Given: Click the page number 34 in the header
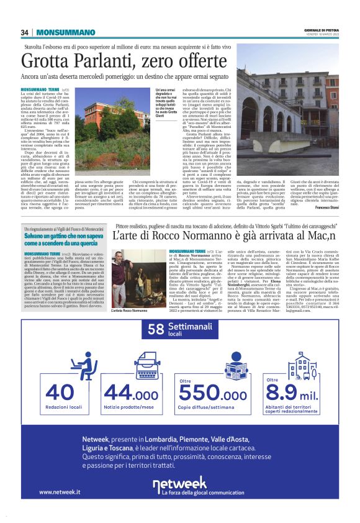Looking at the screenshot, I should click(25, 32).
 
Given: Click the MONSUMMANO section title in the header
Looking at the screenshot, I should click(64, 32).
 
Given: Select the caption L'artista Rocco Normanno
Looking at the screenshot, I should click(130, 310).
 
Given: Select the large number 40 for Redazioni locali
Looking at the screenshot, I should click(59, 393).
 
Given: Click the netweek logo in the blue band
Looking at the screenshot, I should click(180, 484).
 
